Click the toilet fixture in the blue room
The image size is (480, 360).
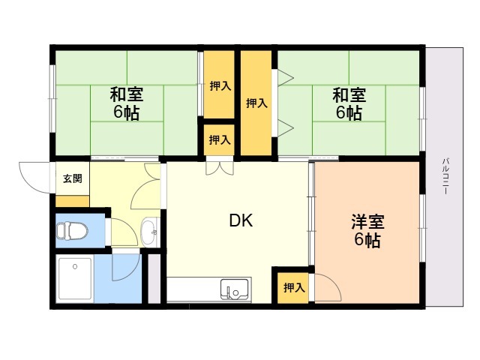point(72,231)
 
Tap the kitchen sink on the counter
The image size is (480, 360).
point(235,289)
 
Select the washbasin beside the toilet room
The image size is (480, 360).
point(149,232)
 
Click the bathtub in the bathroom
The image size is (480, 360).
point(75,278)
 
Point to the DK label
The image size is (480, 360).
point(241,220)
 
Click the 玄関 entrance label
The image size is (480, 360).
point(73,178)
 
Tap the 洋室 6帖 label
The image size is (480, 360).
point(367,231)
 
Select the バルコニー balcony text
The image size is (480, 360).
point(445,176)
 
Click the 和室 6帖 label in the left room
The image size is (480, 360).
point(127,103)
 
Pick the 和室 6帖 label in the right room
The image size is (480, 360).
point(349,103)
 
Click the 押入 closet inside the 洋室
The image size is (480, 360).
point(293,288)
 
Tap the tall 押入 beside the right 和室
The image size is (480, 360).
point(256,103)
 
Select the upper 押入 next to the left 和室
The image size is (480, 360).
point(220,85)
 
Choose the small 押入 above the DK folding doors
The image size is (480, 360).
point(220,140)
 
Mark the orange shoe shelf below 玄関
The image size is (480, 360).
point(72,201)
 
